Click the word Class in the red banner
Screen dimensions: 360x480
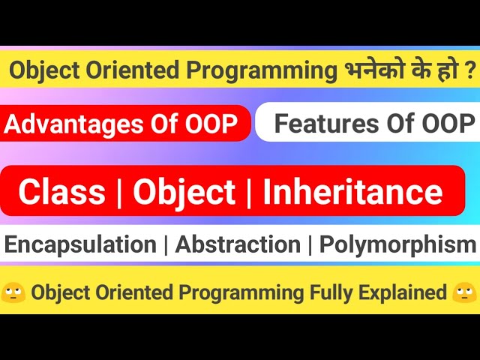point(61,192)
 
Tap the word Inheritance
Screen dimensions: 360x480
point(352,192)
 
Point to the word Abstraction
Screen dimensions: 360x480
point(238,244)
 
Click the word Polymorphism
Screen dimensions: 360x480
point(397,244)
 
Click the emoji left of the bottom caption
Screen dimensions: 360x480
point(15,292)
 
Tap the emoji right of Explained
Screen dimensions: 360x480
point(465,292)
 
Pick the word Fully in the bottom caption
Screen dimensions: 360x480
point(331,293)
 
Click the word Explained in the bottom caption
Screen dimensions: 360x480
point(404,293)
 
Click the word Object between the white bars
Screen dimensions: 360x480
point(184,192)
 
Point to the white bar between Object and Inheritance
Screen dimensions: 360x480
point(250,192)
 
